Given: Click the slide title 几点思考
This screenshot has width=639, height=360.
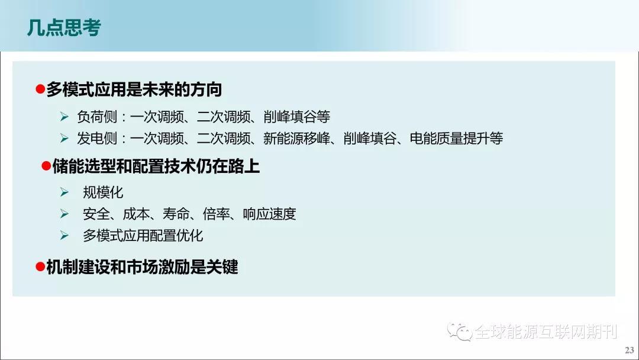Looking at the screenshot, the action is tap(64, 28).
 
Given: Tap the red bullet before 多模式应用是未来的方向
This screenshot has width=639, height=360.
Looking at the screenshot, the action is tap(40, 89).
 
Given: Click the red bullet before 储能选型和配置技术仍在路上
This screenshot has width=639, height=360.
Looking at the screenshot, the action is tap(46, 166).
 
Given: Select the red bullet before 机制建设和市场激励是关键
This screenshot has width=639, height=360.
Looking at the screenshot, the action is tap(40, 266).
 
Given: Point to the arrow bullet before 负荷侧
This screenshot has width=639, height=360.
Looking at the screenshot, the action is tap(64, 117).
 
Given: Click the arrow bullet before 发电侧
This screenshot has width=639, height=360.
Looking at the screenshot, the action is tap(64, 138).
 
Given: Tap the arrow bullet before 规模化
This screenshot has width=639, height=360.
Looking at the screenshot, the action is tap(64, 192).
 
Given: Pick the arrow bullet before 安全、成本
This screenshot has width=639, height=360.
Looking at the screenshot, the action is tap(64, 214).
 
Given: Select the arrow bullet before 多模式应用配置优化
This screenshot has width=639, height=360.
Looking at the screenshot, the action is tap(64, 235).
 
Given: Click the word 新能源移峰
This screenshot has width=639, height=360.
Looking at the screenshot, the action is tap(296, 138).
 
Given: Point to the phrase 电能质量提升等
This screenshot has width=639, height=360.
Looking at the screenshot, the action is tap(456, 138).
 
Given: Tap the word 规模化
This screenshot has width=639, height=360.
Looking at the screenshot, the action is tap(103, 192).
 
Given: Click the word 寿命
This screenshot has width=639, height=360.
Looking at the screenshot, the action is tap(176, 214).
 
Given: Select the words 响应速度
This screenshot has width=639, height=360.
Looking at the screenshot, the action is tap(269, 214).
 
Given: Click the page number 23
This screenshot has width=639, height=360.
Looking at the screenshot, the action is tap(630, 350).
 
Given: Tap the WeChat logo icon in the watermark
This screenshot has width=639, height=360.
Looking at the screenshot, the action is tap(460, 332).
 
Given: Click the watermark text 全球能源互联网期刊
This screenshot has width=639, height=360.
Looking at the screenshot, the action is tap(546, 332).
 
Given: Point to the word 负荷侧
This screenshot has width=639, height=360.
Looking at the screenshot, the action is tap(97, 117).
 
